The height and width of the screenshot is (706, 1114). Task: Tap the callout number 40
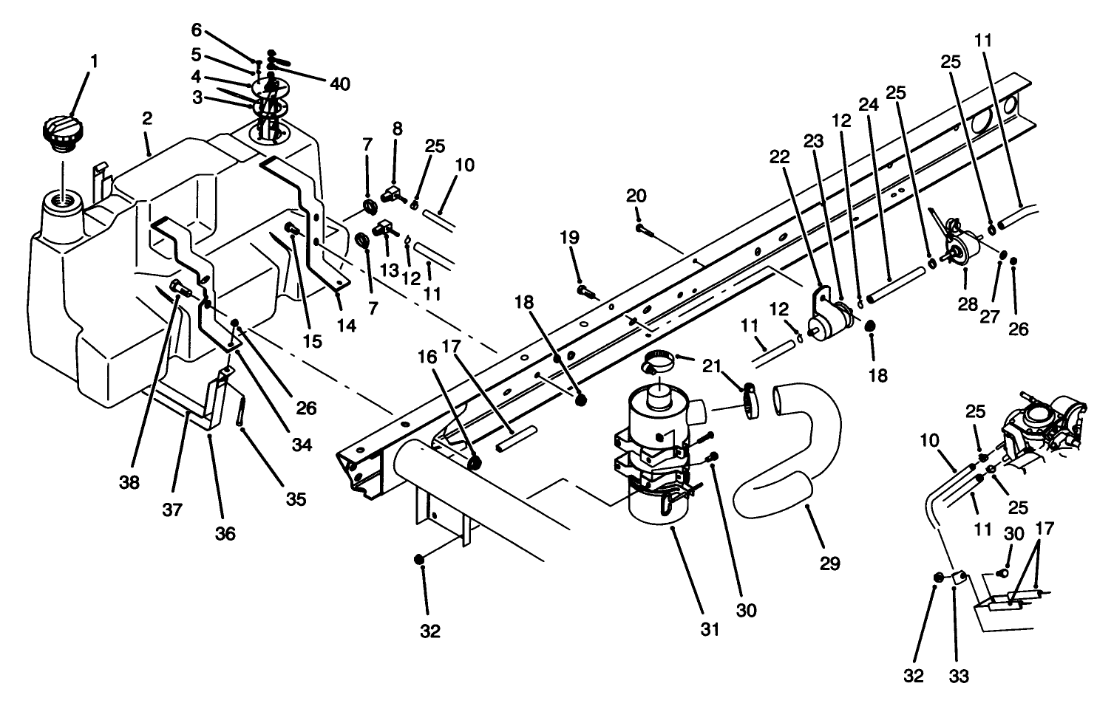(339, 85)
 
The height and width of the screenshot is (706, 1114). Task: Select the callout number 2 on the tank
(147, 119)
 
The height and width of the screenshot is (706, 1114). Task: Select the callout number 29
(830, 564)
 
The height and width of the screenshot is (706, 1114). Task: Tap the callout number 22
(778, 157)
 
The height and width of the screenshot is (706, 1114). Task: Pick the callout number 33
(960, 676)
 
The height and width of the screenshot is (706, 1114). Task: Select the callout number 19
(570, 238)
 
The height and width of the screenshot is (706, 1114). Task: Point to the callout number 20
(636, 196)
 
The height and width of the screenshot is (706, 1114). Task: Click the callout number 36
(225, 532)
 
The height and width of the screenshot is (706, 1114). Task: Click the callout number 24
(868, 105)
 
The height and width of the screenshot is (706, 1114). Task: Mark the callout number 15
(313, 340)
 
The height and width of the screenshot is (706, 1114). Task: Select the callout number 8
(397, 128)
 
